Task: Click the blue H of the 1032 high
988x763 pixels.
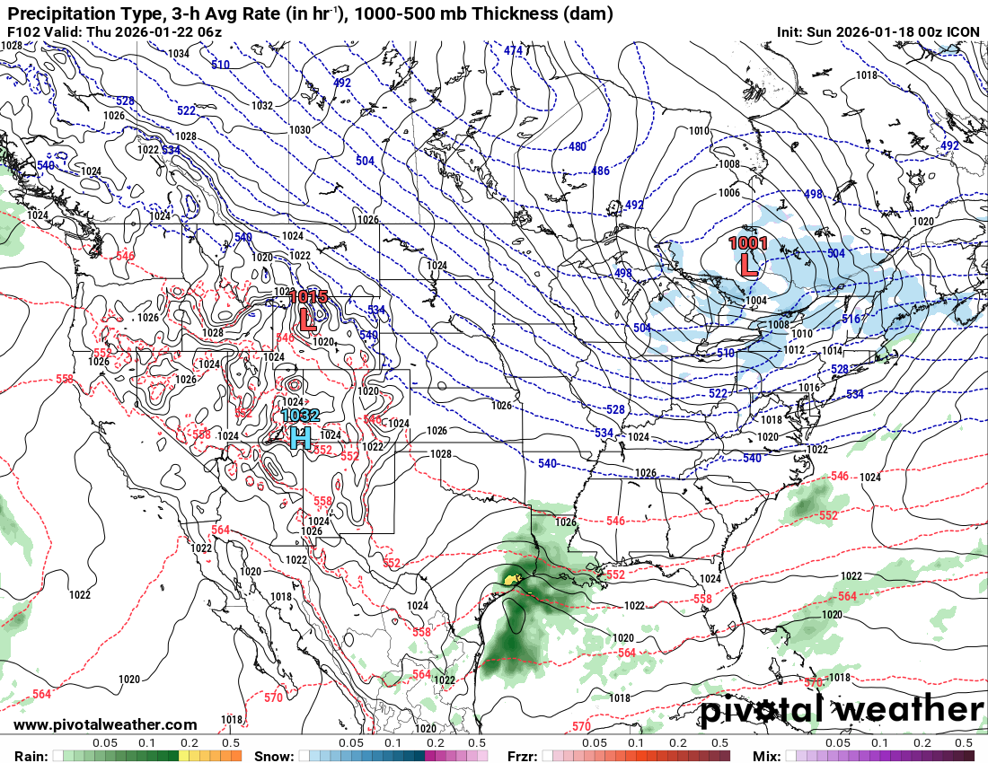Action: click(x=301, y=437)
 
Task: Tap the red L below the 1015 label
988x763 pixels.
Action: click(x=307, y=318)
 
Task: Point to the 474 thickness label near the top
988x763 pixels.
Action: click(x=513, y=51)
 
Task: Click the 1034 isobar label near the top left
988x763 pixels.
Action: click(x=179, y=54)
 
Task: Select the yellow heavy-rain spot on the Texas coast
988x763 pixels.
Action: click(x=513, y=580)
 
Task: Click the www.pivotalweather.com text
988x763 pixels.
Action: click(x=105, y=724)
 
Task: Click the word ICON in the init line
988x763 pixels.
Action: click(x=964, y=32)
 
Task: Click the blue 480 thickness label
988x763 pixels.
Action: click(x=577, y=147)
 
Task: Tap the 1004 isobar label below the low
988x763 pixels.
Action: click(x=756, y=301)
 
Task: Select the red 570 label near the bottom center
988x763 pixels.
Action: click(x=581, y=725)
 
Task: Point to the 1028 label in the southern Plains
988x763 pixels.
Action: click(x=440, y=454)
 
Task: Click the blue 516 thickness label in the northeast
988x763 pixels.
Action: click(x=851, y=319)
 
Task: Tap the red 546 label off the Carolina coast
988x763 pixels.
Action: click(x=840, y=476)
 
